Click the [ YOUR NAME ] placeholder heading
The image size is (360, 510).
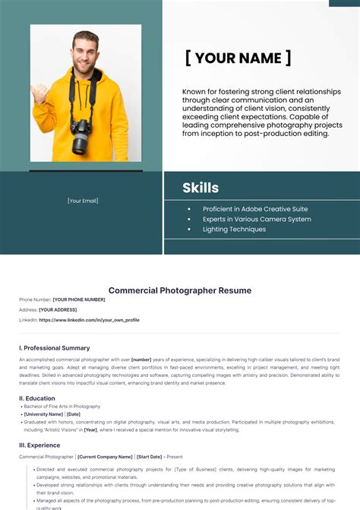(238, 59)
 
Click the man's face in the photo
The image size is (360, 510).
(86, 53)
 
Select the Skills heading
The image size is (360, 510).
(201, 188)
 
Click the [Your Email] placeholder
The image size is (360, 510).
(83, 201)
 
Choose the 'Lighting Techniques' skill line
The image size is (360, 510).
(234, 229)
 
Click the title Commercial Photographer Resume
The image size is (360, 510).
(180, 290)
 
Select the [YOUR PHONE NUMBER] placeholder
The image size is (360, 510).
(79, 299)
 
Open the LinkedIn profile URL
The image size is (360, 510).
(89, 320)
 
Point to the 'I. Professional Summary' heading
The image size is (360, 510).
(54, 347)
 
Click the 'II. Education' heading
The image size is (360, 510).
(37, 398)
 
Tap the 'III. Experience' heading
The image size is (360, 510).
(40, 445)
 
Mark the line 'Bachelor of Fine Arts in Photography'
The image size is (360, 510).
(62, 407)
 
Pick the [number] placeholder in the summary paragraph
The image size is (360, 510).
(141, 358)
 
